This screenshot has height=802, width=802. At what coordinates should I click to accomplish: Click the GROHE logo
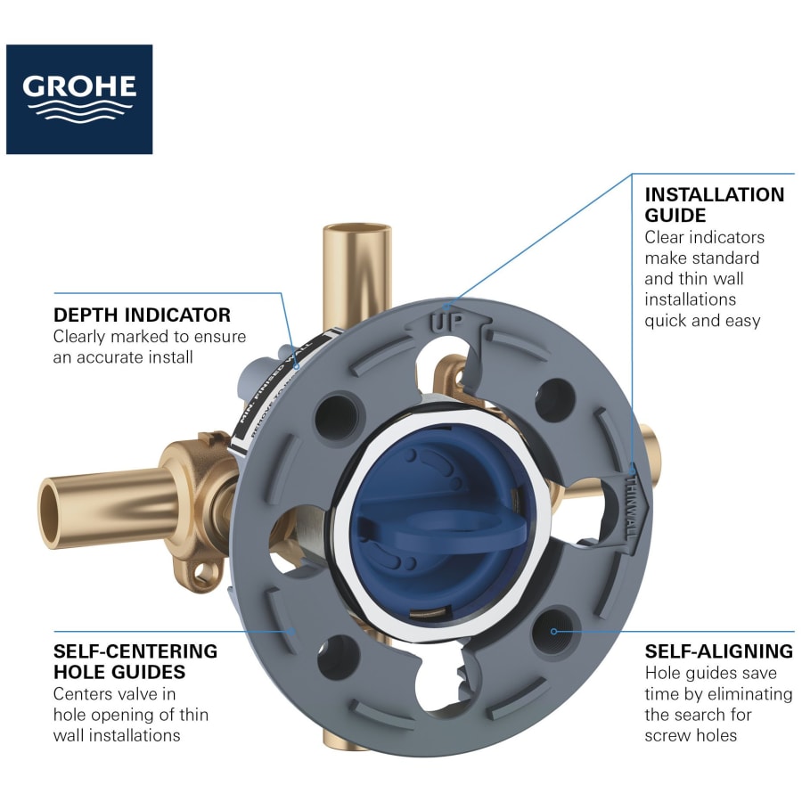[79, 99]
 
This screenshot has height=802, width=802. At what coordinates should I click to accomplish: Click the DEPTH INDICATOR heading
[142, 315]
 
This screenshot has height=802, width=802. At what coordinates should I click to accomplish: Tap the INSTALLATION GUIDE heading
[714, 205]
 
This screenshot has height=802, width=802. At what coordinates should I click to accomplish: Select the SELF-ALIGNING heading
[718, 651]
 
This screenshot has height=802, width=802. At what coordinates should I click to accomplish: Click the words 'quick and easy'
[702, 320]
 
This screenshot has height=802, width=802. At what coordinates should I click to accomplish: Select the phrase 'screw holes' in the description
[688, 735]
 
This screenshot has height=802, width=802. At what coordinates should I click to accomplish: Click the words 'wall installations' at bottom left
[117, 735]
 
